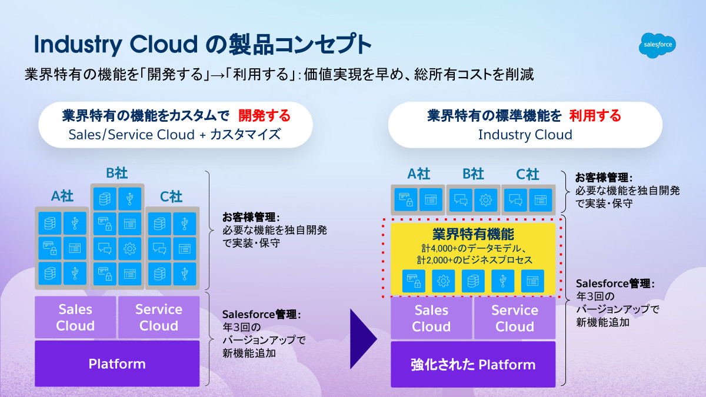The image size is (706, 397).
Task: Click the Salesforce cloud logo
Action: pos(657,45)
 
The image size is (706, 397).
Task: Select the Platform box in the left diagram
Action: pos(117,363)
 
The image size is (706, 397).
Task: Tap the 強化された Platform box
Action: pos(473,365)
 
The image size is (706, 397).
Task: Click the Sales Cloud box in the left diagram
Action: pos(75,317)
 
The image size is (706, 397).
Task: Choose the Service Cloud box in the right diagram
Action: pos(515,318)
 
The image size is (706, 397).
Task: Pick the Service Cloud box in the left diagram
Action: pos(159,317)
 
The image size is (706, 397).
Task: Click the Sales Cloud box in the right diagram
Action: pos(431,318)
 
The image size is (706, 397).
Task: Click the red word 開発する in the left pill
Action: pos(265,116)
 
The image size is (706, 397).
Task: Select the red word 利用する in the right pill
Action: pos(595,116)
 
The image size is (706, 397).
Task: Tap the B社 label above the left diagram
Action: pos(117,174)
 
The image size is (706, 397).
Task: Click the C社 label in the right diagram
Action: pos(528,174)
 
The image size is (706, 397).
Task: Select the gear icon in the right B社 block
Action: pos(486,200)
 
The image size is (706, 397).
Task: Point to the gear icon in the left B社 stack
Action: pos(130,248)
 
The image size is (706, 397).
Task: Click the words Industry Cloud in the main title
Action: pos(115,45)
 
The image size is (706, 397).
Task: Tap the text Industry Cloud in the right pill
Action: pos(525,135)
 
